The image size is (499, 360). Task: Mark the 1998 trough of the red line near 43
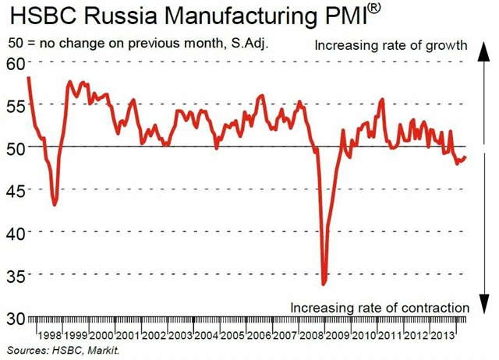55,204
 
